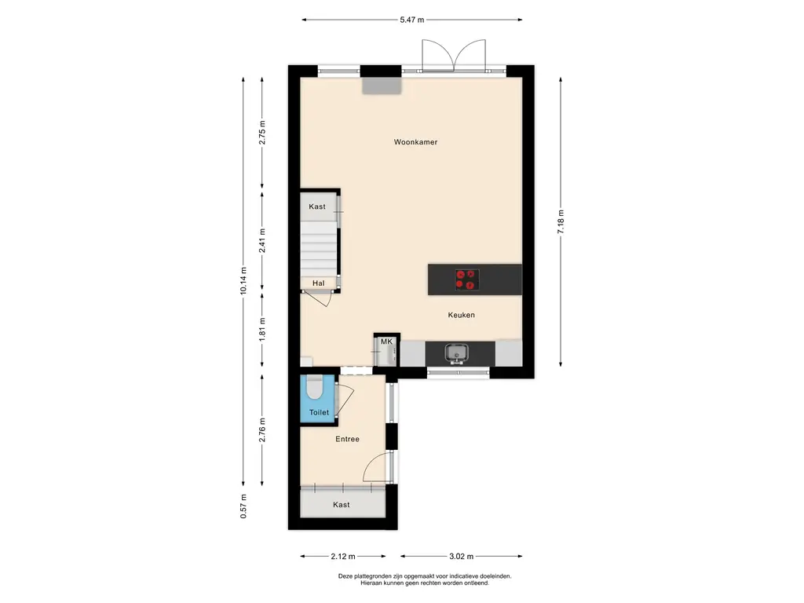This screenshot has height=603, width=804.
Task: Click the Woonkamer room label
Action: coord(415,142)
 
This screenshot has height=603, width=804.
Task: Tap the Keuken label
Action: coord(461,315)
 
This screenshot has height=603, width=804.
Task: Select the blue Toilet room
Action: coord(319,399)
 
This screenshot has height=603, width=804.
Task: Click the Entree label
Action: coord(347,439)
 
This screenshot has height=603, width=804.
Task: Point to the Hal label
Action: coord(319,283)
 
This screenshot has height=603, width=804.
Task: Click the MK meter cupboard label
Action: coord(386,342)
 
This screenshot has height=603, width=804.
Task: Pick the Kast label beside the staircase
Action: coord(317,206)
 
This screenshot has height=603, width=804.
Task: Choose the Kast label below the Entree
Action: coord(341,505)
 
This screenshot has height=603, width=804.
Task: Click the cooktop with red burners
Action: coord(468,280)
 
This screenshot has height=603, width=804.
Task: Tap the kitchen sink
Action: coord(456,353)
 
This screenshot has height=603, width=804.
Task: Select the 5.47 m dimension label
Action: coord(412,20)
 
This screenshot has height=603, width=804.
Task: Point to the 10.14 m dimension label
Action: coord(243,280)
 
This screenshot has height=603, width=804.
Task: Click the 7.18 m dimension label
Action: coord(561,222)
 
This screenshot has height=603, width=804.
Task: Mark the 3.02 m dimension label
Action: coord(462,557)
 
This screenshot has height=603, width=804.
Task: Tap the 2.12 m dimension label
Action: coord(343,557)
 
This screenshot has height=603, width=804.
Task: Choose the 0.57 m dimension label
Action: coord(243,506)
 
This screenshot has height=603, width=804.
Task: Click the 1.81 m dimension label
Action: coord(262,329)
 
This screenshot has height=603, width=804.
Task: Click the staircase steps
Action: coord(319,249)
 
